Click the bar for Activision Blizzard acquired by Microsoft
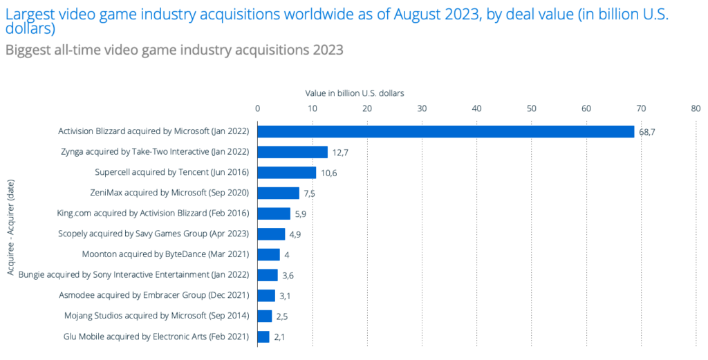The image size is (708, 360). (x=446, y=131)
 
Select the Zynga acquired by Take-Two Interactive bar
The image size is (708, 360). (x=292, y=152)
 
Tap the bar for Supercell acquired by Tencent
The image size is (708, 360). (x=287, y=173)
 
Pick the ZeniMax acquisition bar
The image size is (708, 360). (x=279, y=193)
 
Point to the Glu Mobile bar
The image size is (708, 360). (x=263, y=337)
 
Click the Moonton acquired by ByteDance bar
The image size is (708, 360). (x=269, y=254)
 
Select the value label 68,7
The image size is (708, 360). (x=647, y=132)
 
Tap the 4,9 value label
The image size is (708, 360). (x=295, y=234)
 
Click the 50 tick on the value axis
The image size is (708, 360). (x=531, y=108)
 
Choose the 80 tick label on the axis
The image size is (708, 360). (x=695, y=108)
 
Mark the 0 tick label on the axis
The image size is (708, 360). (x=258, y=108)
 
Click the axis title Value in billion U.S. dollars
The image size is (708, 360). (x=355, y=92)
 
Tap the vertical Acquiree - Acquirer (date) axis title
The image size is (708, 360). (x=12, y=234)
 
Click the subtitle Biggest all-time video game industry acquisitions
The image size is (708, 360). (x=174, y=50)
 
